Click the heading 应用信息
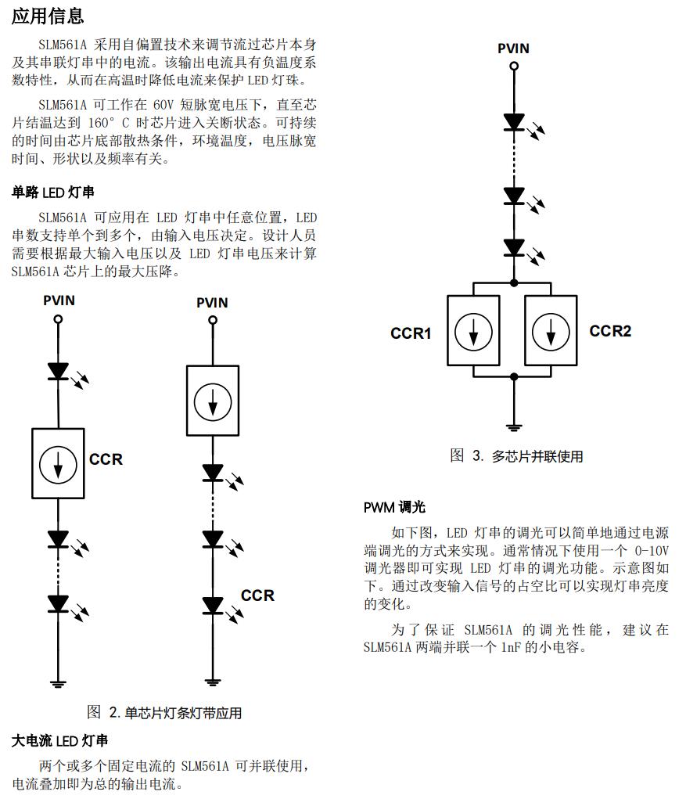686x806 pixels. tap(48, 15)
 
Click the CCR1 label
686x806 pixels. tap(411, 333)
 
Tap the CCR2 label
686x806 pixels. tap(610, 331)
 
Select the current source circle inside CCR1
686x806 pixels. tap(474, 332)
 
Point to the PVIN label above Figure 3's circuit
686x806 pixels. tap(513, 49)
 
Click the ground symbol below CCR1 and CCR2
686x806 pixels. tap(514, 426)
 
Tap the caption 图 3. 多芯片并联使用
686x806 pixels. tap(516, 456)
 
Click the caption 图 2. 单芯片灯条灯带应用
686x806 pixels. tap(163, 712)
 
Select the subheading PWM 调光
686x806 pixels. tap(394, 507)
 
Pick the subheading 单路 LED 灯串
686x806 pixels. tap(53, 193)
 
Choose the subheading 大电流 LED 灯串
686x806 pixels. tap(59, 740)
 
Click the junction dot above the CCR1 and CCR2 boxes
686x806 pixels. tap(514, 282)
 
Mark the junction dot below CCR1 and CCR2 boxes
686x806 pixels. tap(514, 376)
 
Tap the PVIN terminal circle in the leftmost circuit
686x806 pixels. tap(58, 319)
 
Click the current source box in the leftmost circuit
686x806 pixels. tap(58, 465)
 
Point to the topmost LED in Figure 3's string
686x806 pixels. tap(514, 122)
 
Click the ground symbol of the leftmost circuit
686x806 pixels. tap(58, 683)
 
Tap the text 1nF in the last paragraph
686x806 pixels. tap(513, 647)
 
